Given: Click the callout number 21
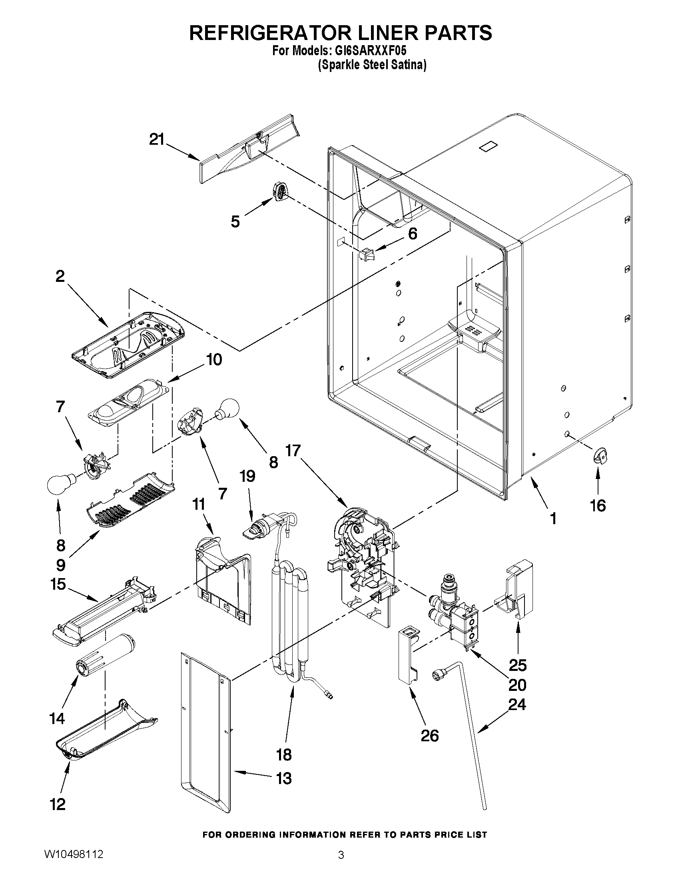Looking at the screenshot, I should tap(157, 140).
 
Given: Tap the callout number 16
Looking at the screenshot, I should tap(598, 505).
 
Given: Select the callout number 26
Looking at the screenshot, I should tap(429, 736).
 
